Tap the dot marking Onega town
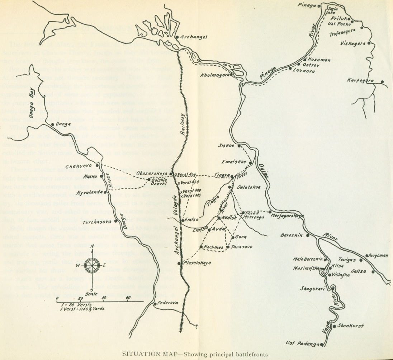pos(53,125)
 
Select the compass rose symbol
pos(92,266)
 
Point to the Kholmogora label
pos(214,76)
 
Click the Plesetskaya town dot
pos(179,263)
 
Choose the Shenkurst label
pos(350,326)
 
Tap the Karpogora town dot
pos(382,82)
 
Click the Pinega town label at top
pos(306,5)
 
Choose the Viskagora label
pos(352,43)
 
